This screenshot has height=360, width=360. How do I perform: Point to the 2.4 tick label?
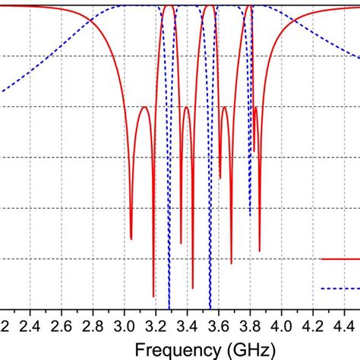tap(30, 327)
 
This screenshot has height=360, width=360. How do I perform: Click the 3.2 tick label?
tap(156, 327)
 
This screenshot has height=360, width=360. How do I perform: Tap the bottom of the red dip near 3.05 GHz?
tap(131, 239)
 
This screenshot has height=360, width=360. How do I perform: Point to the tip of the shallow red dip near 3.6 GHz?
tap(220, 178)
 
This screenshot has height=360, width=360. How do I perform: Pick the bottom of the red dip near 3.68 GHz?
tap(232, 264)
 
